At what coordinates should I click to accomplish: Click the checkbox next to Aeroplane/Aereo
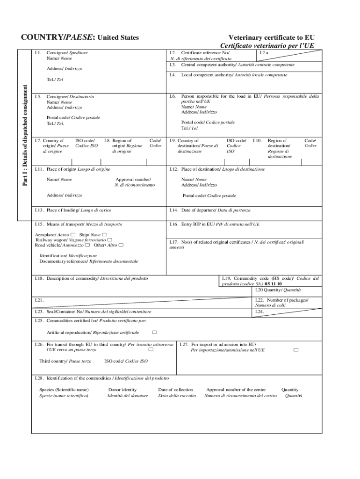coord(73,234)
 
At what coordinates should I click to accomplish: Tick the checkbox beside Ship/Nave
coord(104,234)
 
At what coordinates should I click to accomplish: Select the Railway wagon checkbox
coord(109,239)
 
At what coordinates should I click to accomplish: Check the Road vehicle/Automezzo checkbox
coord(87,245)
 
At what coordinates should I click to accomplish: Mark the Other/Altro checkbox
coord(121,245)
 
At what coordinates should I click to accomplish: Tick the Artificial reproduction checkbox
coord(154,332)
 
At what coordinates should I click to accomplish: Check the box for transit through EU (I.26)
coord(151,349)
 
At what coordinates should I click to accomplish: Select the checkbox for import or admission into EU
coord(295,349)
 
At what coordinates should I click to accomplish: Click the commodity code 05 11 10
coord(273,284)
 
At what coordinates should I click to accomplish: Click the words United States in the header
coord(120,37)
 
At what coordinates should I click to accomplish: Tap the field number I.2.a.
coord(265,53)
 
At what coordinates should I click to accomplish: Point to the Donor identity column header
coord(122,389)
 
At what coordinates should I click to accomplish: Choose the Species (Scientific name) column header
coord(64,389)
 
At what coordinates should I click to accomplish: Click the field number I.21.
coord(39,299)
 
